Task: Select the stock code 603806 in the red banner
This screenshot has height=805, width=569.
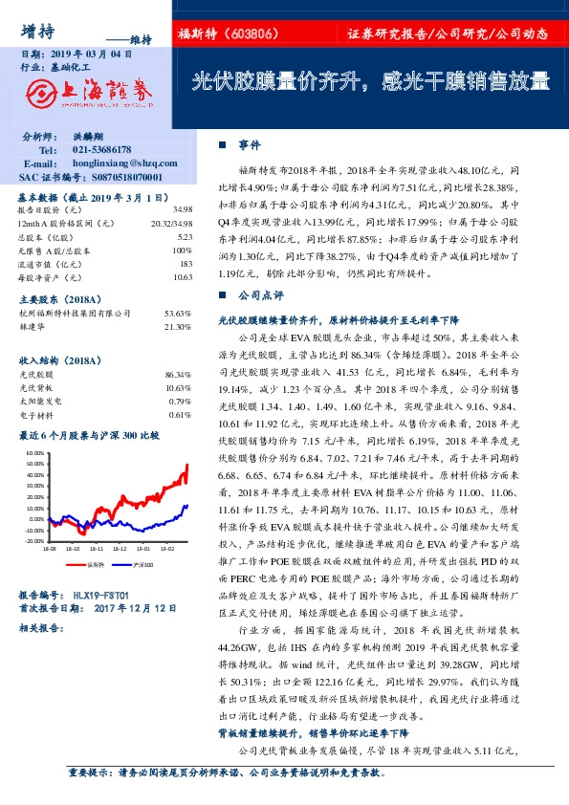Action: click(258, 33)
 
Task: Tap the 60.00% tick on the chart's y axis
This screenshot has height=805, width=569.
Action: click(33, 452)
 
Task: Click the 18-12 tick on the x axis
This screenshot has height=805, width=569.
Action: click(118, 550)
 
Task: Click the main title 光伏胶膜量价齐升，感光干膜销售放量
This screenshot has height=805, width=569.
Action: click(371, 81)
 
